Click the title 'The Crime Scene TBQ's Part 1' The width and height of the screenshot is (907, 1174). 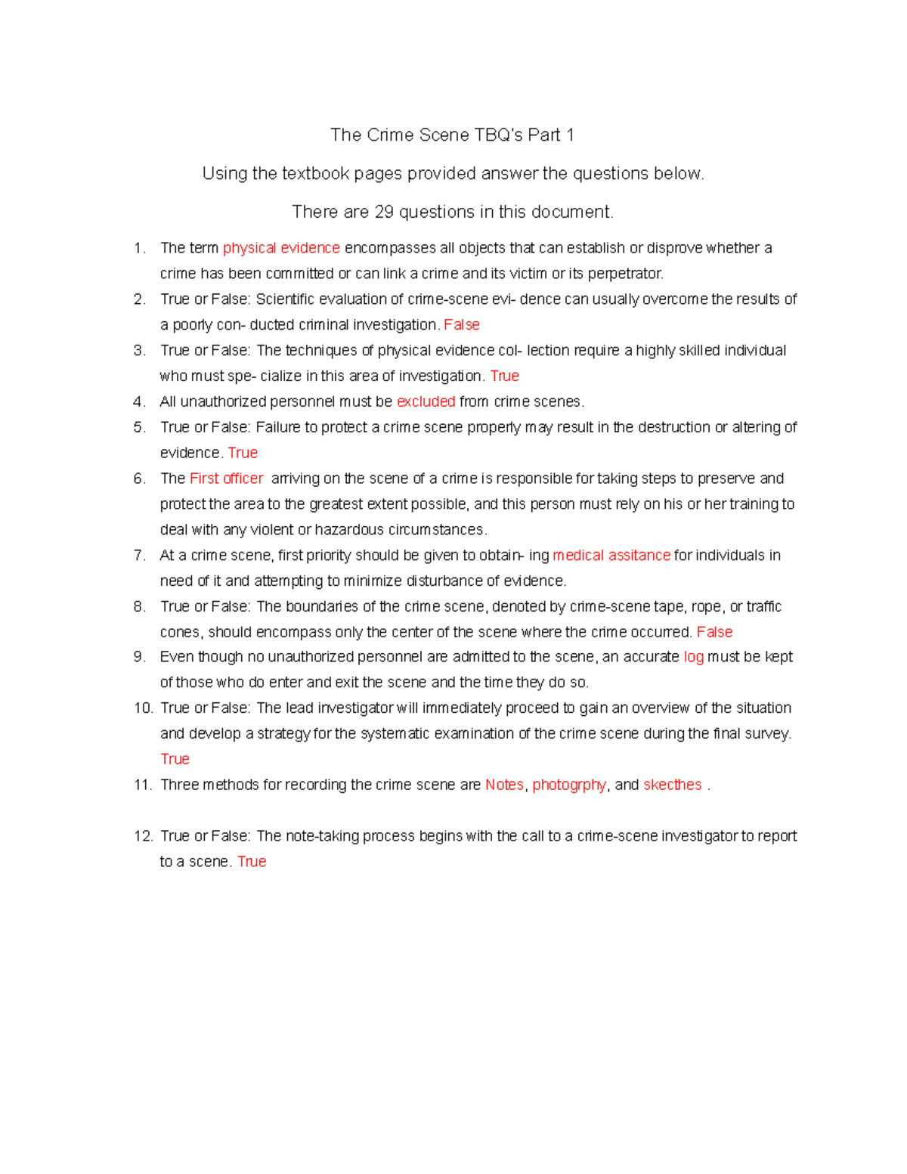pyautogui.click(x=452, y=135)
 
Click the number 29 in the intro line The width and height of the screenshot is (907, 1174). pyautogui.click(x=384, y=212)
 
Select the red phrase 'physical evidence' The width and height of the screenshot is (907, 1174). pyautogui.click(x=281, y=248)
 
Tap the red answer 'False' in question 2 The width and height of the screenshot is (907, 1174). pyautogui.click(x=461, y=325)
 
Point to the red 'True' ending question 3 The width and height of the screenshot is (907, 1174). pyautogui.click(x=504, y=376)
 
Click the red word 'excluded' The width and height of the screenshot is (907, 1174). pyautogui.click(x=426, y=401)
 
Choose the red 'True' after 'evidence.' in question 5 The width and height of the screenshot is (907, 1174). pyautogui.click(x=243, y=453)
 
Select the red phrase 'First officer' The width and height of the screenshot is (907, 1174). pyautogui.click(x=226, y=479)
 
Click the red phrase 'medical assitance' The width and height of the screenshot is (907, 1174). pyautogui.click(x=611, y=556)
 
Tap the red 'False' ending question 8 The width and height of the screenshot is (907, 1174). pyautogui.click(x=714, y=632)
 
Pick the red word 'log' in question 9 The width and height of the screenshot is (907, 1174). pyautogui.click(x=693, y=657)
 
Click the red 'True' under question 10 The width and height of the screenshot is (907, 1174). pyautogui.click(x=175, y=759)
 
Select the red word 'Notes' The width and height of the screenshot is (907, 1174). pyautogui.click(x=504, y=785)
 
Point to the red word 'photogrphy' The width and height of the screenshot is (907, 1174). pyautogui.click(x=568, y=785)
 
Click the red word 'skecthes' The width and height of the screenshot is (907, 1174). pyautogui.click(x=672, y=785)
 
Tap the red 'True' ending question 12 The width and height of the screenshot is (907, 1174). pyautogui.click(x=252, y=862)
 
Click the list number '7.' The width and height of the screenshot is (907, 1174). pyautogui.click(x=139, y=556)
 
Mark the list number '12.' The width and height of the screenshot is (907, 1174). pyautogui.click(x=143, y=836)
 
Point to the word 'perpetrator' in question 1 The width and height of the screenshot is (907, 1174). pyautogui.click(x=624, y=274)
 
